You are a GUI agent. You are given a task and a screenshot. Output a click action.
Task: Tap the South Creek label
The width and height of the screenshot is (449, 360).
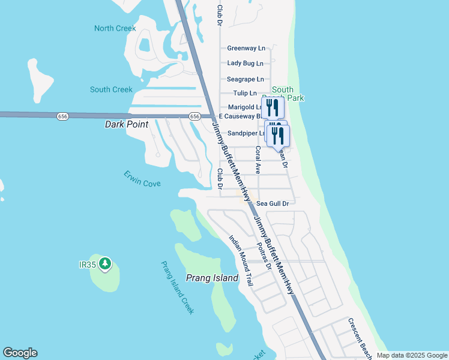[x=111, y=89]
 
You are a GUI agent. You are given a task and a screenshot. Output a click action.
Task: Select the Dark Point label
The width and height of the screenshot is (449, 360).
[x=126, y=124]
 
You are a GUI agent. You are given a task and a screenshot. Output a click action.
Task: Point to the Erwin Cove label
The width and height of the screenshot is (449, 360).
[x=142, y=179]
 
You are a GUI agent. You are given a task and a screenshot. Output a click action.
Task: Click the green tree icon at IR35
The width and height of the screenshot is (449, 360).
[x=105, y=263]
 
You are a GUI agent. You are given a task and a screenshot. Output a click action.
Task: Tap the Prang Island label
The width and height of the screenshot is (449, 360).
[x=212, y=278]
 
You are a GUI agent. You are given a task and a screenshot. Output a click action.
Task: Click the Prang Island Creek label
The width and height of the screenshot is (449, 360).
[x=178, y=287]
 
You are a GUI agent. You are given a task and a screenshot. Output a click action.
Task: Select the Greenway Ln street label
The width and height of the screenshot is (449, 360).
[x=246, y=48]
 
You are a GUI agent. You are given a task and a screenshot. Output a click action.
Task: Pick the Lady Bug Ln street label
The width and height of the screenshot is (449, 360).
[x=245, y=63]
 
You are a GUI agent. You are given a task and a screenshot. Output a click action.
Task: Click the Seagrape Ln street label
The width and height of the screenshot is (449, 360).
[x=245, y=79]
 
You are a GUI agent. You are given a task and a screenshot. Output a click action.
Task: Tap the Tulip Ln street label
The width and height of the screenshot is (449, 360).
[x=245, y=93]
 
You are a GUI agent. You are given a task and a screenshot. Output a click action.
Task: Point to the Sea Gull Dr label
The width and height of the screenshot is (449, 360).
[x=273, y=203]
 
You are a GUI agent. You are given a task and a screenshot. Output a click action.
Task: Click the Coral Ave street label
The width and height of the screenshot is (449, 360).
[x=258, y=160]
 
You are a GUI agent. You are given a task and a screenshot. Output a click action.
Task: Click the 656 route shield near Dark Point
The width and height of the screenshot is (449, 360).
[x=63, y=115]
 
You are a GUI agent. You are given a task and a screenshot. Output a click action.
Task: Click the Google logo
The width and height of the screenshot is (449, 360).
[x=20, y=353]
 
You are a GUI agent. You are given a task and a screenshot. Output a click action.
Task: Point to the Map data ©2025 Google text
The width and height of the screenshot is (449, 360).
[x=412, y=355]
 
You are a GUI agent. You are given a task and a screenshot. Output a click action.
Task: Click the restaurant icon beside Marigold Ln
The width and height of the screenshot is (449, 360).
[x=273, y=108]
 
